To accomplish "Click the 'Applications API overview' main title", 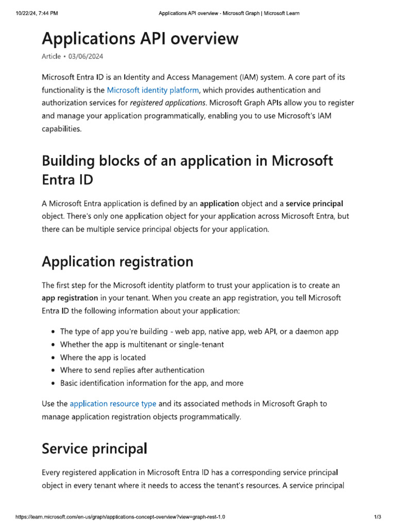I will [x=140, y=38].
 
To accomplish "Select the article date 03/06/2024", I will [x=93, y=56].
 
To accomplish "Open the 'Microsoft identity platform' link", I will [x=153, y=90].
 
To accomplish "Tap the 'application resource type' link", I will [x=113, y=403].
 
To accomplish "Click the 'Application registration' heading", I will [x=118, y=261].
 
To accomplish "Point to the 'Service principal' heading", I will [x=94, y=448].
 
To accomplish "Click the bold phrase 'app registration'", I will [x=70, y=298].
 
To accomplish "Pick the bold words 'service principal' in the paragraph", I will [x=315, y=204].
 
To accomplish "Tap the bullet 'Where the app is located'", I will [x=103, y=357].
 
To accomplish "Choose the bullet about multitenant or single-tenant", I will [x=142, y=345].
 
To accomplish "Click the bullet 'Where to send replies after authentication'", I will [x=132, y=370].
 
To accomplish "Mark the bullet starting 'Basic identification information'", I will [x=152, y=383].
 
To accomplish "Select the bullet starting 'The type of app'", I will [x=199, y=332].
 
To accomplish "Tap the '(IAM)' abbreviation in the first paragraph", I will [x=249, y=77].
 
